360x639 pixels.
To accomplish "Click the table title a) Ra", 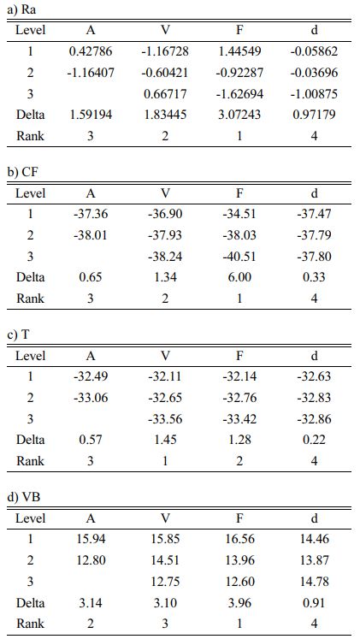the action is [x=21, y=9].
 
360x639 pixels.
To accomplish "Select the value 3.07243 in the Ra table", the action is [x=239, y=115].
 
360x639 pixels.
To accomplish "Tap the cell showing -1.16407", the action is [x=91, y=73].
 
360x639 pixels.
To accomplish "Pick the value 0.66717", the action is [x=165, y=94].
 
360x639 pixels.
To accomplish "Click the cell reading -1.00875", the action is [x=314, y=94].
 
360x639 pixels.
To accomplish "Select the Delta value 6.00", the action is [x=239, y=277].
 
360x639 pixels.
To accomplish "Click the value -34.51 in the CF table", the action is [x=239, y=214].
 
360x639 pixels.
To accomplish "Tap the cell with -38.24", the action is [x=165, y=256].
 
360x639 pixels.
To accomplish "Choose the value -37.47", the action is [x=314, y=214].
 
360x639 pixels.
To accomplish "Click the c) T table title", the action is [x=18, y=334].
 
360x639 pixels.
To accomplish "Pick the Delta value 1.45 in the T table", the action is [x=165, y=440].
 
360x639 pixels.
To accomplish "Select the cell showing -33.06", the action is [x=91, y=397].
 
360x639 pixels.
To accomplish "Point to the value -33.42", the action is [x=239, y=418].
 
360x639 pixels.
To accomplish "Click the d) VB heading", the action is [x=24, y=497].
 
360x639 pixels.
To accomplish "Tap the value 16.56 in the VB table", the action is [x=239, y=539].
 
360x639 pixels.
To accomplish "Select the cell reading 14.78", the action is [x=314, y=581].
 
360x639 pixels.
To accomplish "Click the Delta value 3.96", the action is [x=239, y=602].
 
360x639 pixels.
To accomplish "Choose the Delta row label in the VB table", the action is [x=30, y=602].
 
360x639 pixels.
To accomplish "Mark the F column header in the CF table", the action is [x=239, y=192].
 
